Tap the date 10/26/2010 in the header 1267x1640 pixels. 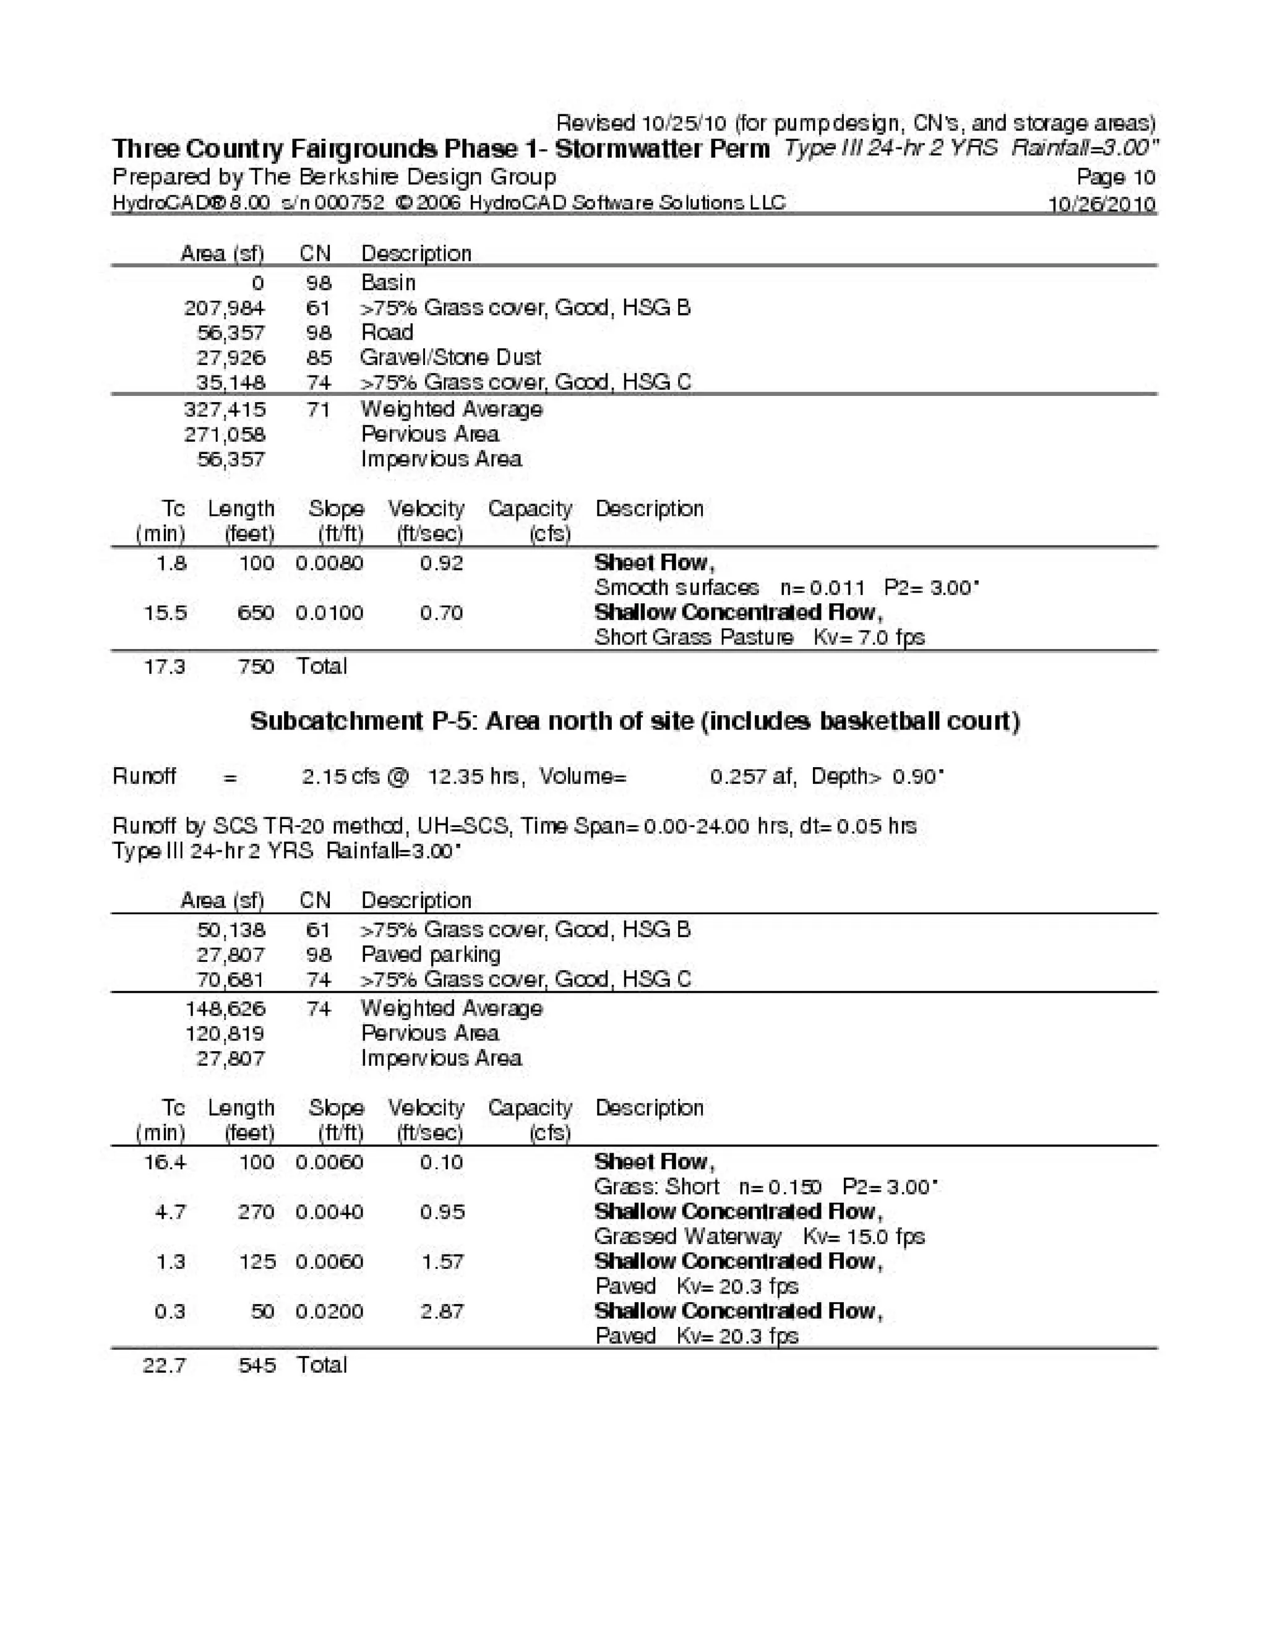point(1101,204)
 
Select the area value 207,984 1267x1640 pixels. point(225,308)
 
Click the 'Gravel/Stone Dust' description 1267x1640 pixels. point(450,358)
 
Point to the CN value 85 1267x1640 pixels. point(319,358)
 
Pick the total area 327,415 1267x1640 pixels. point(225,410)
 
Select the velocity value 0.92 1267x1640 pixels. point(441,563)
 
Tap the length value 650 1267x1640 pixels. point(256,612)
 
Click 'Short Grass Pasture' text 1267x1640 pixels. point(694,638)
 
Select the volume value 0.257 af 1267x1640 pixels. point(750,776)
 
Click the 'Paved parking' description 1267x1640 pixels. point(431,955)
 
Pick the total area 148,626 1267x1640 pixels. point(225,1008)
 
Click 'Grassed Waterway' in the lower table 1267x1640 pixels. point(687,1237)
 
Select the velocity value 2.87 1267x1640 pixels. point(442,1311)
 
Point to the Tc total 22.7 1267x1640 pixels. point(164,1365)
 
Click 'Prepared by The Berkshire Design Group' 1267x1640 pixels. point(334,177)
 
